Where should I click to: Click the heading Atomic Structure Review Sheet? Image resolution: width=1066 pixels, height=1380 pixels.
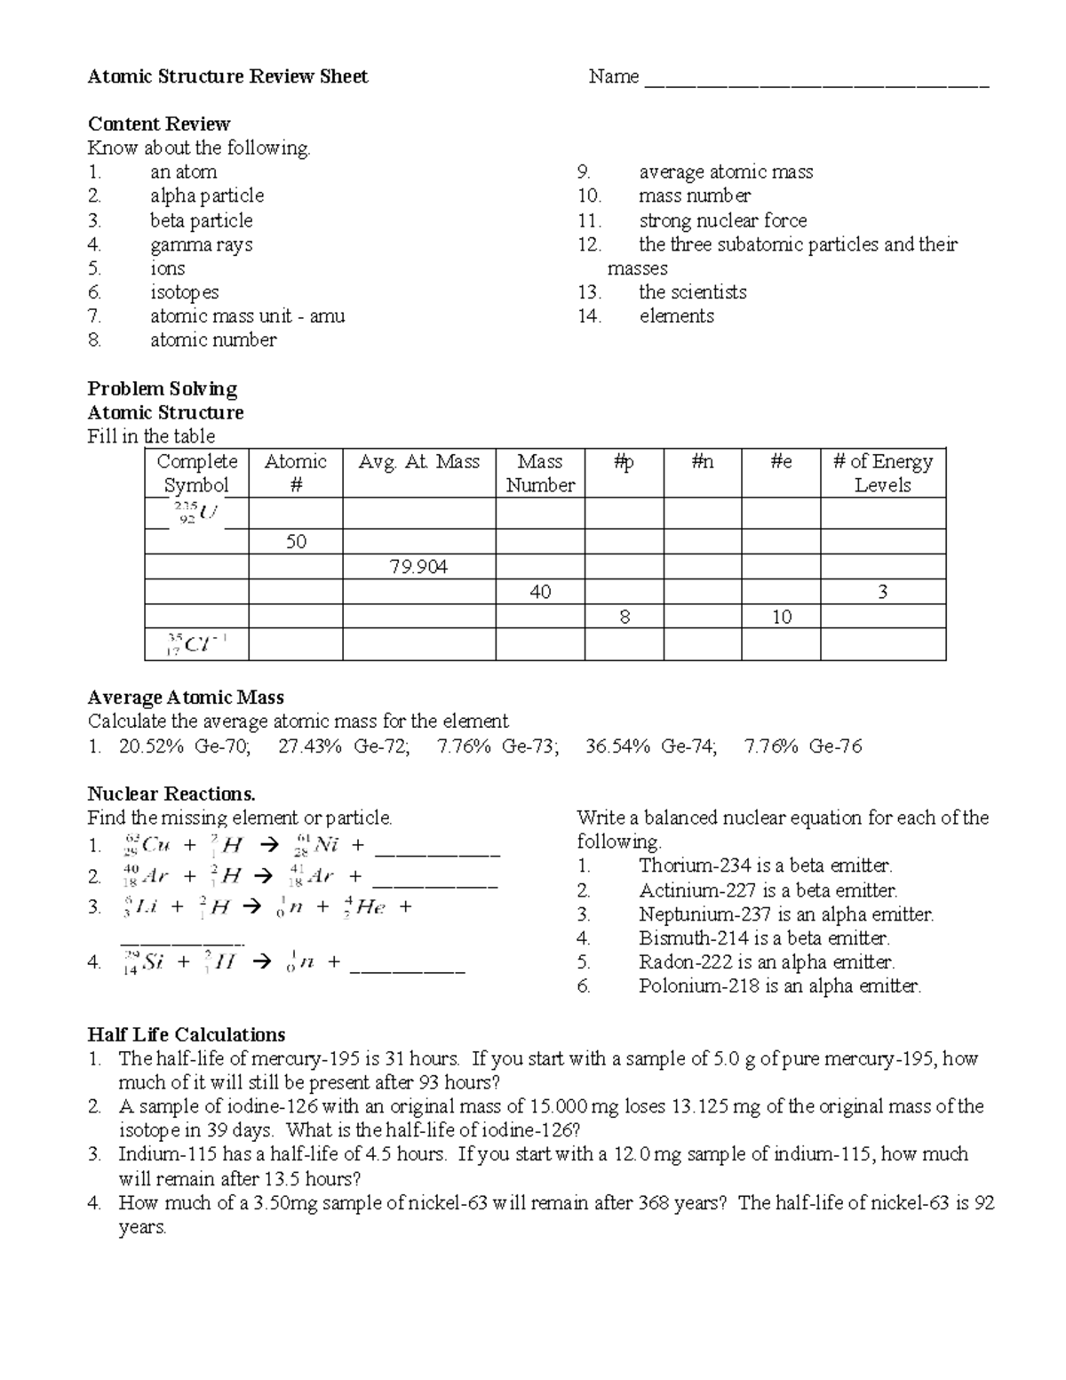pos(227,76)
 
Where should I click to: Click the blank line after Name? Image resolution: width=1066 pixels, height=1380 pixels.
pos(815,82)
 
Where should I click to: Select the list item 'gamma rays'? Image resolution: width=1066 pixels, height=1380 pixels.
pos(201,244)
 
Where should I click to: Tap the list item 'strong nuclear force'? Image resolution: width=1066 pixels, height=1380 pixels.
pos(722,220)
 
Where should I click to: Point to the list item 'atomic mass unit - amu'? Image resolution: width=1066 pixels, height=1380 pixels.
pos(247,316)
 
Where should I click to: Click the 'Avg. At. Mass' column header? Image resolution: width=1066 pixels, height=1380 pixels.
pos(418,462)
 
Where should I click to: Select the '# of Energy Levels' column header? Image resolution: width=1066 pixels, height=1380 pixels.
pos(882,473)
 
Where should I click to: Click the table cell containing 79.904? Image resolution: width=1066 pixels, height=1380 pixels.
pos(418,567)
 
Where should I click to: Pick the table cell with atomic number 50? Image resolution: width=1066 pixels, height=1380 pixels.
pos(296,542)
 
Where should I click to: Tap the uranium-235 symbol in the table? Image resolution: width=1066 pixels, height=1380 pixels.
pos(197,513)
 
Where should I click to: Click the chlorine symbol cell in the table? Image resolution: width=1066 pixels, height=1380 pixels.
pos(196,644)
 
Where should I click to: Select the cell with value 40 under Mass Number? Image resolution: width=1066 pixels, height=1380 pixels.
pos(540,592)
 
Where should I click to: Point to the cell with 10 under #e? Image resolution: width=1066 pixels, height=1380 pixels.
pos(781,617)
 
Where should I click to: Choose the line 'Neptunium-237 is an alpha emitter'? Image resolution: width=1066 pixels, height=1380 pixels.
pos(785,914)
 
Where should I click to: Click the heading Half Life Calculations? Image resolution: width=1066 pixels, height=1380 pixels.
pos(187,1034)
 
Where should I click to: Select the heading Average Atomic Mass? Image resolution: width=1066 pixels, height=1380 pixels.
pos(186,698)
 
